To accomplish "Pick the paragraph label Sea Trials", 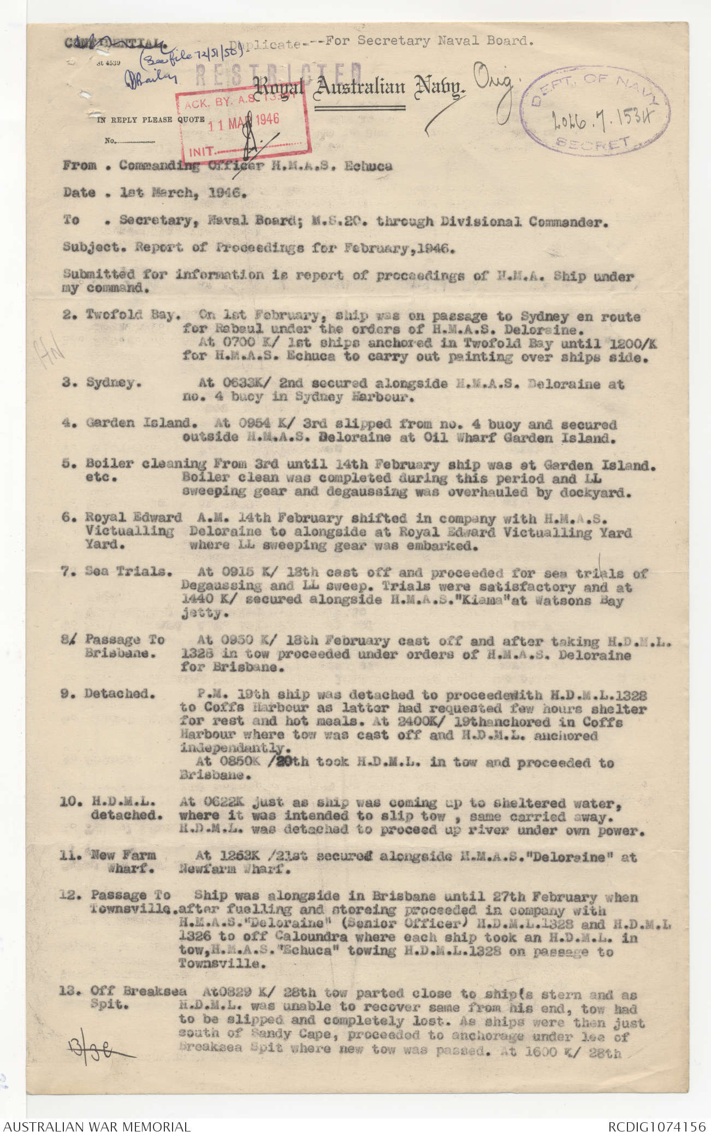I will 129,571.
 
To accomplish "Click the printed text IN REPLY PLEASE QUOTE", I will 151,120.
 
